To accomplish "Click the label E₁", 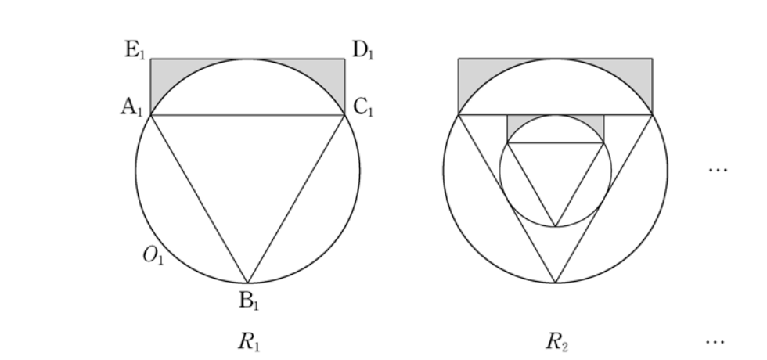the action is [x=135, y=50].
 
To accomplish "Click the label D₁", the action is [x=362, y=50].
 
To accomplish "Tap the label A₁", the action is [x=131, y=106].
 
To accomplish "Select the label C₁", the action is [x=363, y=106].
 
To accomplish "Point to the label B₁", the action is [x=249, y=301].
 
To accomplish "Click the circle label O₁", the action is [x=153, y=255].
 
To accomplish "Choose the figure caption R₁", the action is [x=249, y=341].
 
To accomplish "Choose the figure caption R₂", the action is [x=556, y=341].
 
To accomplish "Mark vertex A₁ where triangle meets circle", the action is [x=150, y=115].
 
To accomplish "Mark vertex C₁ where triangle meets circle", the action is [x=345, y=115].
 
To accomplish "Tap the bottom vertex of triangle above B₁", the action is [x=247, y=283].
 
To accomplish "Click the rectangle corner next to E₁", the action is [x=150, y=59].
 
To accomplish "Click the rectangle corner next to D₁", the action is [x=345, y=59].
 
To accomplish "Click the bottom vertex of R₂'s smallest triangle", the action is [x=556, y=227].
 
